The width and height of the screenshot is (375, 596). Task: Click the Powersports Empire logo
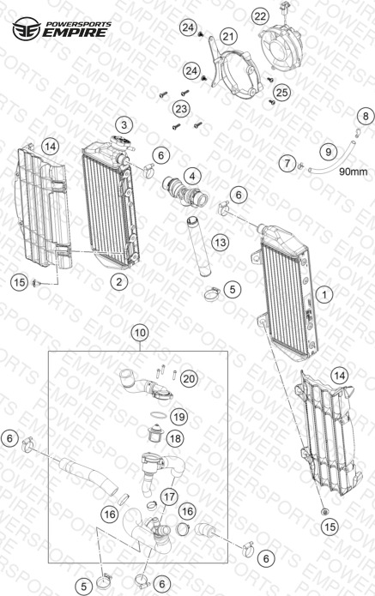point(62,29)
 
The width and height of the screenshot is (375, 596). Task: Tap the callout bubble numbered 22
point(260,16)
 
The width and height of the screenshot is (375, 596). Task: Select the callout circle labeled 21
point(228,37)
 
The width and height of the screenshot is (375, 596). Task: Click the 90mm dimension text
point(354,172)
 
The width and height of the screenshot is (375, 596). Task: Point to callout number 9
point(328,152)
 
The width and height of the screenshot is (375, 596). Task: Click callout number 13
point(221,242)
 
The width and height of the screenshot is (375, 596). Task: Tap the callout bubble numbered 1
point(324,294)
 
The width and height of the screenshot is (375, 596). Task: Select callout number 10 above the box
point(140,333)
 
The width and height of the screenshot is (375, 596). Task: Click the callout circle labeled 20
point(189,378)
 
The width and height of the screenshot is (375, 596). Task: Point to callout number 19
point(179,417)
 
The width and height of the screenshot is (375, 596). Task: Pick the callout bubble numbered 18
point(175,438)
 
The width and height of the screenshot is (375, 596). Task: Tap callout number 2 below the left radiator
point(119,281)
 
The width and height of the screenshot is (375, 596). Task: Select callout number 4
point(192,177)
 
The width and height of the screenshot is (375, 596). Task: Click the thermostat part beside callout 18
point(155,433)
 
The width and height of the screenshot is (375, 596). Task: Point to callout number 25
point(281,93)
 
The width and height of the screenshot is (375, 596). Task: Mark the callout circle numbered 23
point(181,109)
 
